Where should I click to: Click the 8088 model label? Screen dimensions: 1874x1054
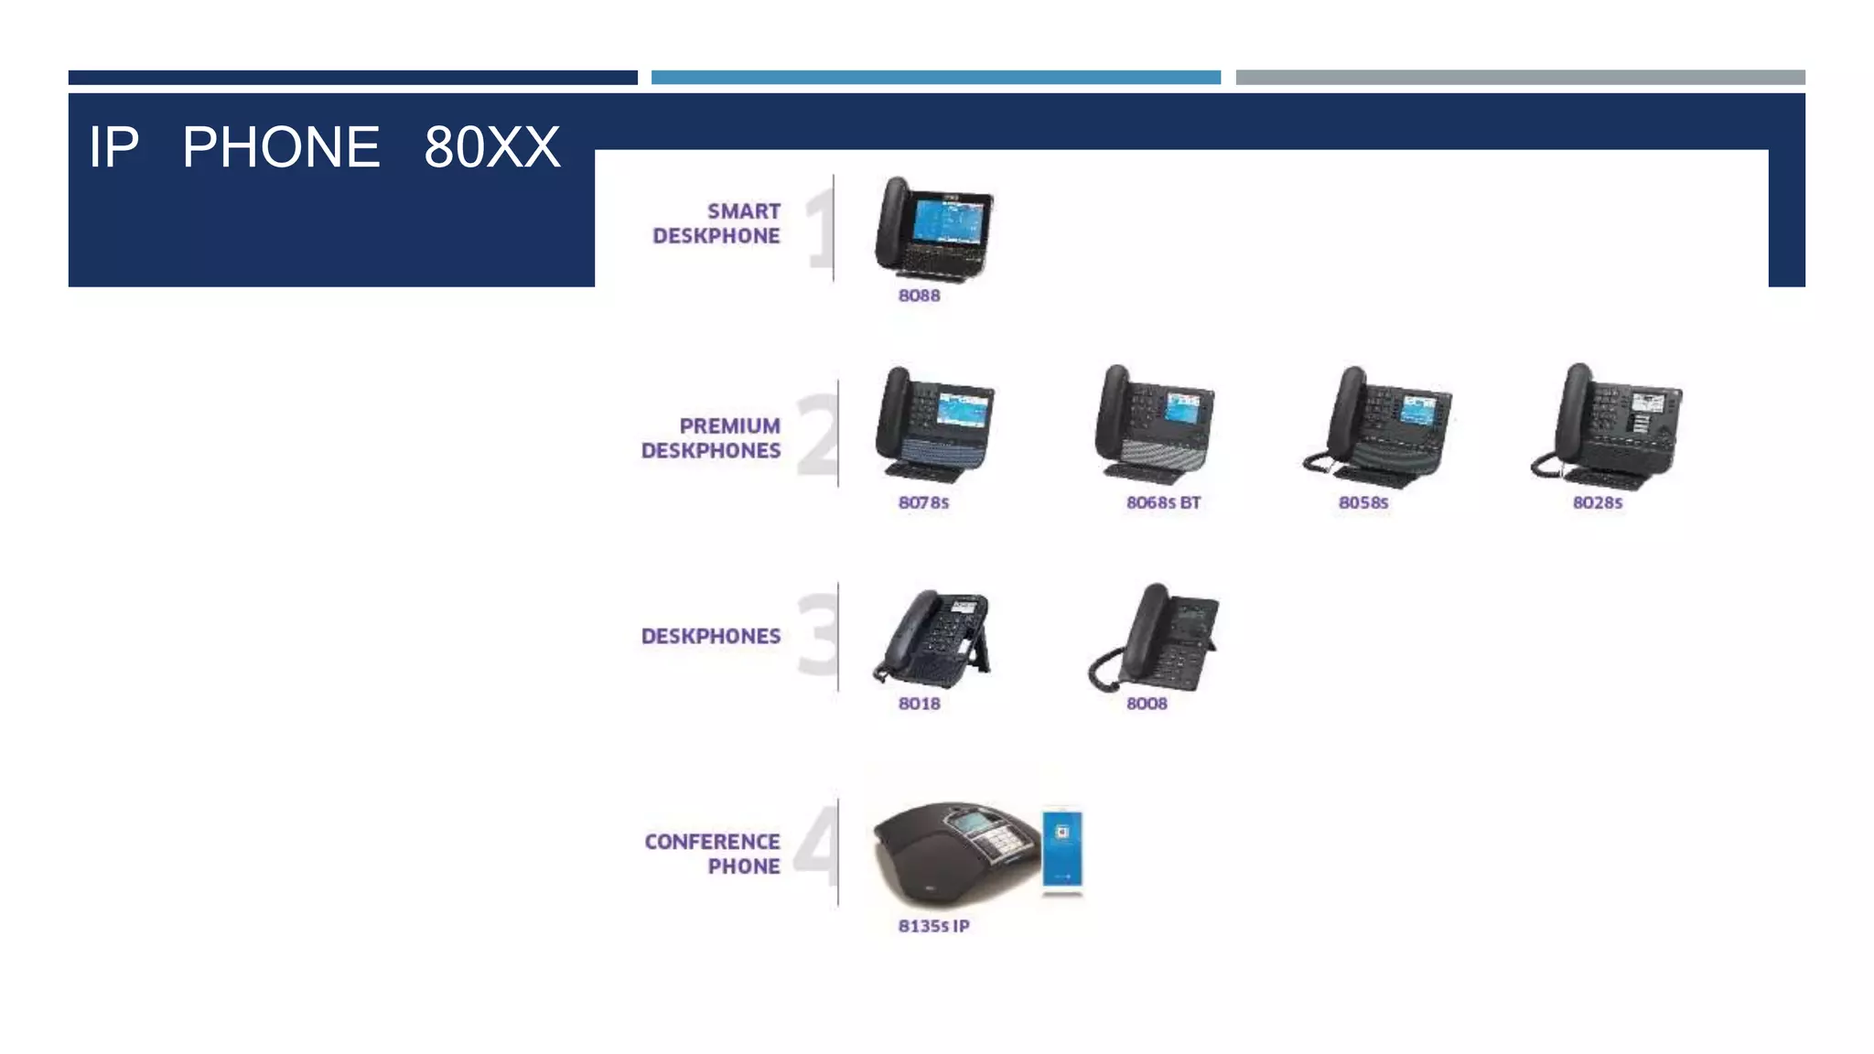coord(919,296)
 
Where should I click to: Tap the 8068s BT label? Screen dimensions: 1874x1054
coord(1163,502)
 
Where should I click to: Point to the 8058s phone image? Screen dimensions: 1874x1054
coord(1380,425)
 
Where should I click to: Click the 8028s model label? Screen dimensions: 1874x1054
coord(1597,502)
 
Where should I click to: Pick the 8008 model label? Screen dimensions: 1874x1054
coord(1147,704)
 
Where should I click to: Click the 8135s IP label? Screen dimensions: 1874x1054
coord(933,926)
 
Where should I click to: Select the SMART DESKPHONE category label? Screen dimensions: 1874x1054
coord(716,223)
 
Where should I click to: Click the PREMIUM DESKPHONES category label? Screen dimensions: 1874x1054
coord(711,438)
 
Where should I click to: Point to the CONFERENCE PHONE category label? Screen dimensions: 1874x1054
coord(713,854)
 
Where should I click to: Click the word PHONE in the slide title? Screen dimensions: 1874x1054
coord(281,147)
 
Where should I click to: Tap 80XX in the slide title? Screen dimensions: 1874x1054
coord(491,147)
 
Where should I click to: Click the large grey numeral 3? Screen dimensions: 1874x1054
coord(816,634)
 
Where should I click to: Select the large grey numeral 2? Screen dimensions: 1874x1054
coord(816,435)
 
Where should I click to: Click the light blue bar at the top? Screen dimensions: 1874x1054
coord(935,78)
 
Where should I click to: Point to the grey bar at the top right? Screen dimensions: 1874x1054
coord(1520,78)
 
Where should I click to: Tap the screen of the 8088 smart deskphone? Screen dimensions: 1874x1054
coord(949,221)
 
